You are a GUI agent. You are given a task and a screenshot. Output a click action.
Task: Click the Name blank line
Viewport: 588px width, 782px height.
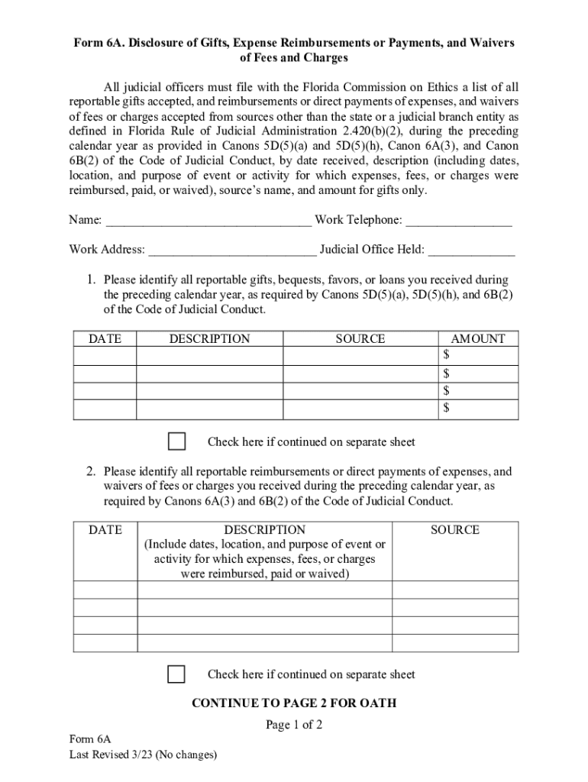pyautogui.click(x=208, y=221)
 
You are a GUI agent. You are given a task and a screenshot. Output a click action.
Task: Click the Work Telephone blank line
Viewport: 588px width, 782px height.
pyautogui.click(x=458, y=221)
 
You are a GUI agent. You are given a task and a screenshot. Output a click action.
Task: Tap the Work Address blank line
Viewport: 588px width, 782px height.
pyautogui.click(x=232, y=250)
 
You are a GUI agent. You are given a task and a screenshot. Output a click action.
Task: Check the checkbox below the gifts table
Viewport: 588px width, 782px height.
pyautogui.click(x=176, y=441)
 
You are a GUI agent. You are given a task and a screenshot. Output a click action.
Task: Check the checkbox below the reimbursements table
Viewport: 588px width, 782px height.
pyautogui.click(x=176, y=674)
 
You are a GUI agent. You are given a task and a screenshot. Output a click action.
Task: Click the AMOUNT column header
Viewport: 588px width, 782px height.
pyautogui.click(x=478, y=339)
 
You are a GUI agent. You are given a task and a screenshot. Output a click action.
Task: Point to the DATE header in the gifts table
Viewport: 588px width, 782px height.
pyautogui.click(x=105, y=339)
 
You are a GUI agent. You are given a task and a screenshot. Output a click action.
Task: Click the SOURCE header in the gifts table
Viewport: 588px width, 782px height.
pyautogui.click(x=360, y=339)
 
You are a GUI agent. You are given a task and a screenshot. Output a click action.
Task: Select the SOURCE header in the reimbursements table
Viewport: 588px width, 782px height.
pyautogui.click(x=454, y=530)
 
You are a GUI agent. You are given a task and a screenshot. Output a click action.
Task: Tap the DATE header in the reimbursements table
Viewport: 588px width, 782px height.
pyautogui.click(x=105, y=530)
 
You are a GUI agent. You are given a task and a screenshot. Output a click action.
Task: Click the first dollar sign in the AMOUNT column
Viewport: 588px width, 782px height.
pyautogui.click(x=447, y=356)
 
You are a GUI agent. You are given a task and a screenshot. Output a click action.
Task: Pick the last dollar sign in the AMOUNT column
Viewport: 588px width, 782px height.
pyautogui.click(x=447, y=409)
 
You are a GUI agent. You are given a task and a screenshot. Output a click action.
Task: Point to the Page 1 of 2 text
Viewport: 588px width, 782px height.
pyautogui.click(x=294, y=725)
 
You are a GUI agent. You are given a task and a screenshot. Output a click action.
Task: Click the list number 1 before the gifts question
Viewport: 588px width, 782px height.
pyautogui.click(x=89, y=280)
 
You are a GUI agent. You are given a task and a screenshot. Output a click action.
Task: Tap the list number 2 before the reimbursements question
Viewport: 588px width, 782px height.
pyautogui.click(x=89, y=471)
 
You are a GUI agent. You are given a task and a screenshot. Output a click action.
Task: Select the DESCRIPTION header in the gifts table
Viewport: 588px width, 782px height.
pyautogui.click(x=209, y=339)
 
